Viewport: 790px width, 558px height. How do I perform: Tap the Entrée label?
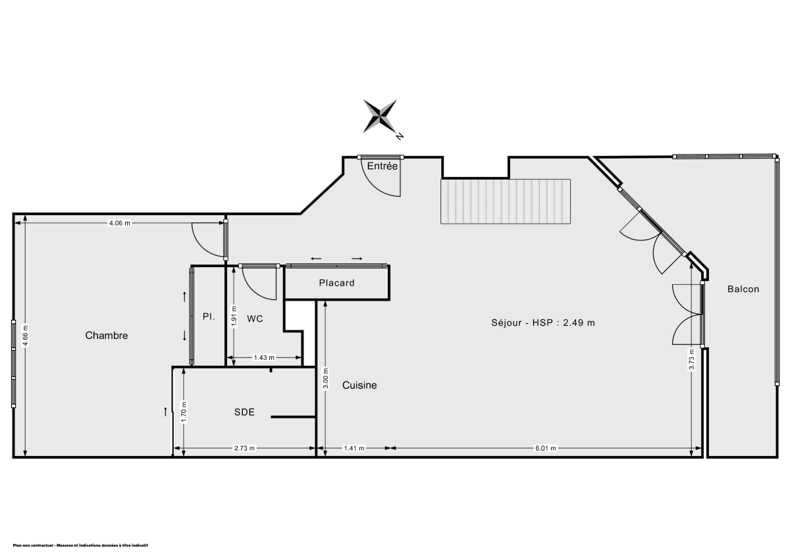click(x=382, y=166)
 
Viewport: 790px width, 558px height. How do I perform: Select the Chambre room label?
click(x=107, y=336)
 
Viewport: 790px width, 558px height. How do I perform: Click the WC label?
click(x=255, y=319)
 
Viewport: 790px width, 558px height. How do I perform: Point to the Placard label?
click(x=336, y=284)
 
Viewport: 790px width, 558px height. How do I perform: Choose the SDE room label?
click(x=244, y=413)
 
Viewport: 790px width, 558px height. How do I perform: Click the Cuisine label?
click(x=359, y=386)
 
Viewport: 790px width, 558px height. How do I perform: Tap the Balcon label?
click(x=743, y=289)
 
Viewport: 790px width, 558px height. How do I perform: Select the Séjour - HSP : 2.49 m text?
click(x=543, y=323)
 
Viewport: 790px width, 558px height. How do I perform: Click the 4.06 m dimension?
click(x=119, y=223)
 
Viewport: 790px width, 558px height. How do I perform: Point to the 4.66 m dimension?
click(x=26, y=336)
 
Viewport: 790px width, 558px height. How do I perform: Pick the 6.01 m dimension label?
click(x=545, y=449)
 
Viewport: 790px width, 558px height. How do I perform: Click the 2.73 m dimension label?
click(x=244, y=449)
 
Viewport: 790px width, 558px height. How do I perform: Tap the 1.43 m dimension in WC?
click(x=264, y=358)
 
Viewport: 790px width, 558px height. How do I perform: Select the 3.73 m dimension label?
click(x=691, y=360)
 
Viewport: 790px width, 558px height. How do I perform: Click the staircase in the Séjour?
click(x=506, y=201)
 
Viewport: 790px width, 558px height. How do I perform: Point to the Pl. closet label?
click(x=209, y=317)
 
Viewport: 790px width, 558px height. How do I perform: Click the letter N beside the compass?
click(x=400, y=137)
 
